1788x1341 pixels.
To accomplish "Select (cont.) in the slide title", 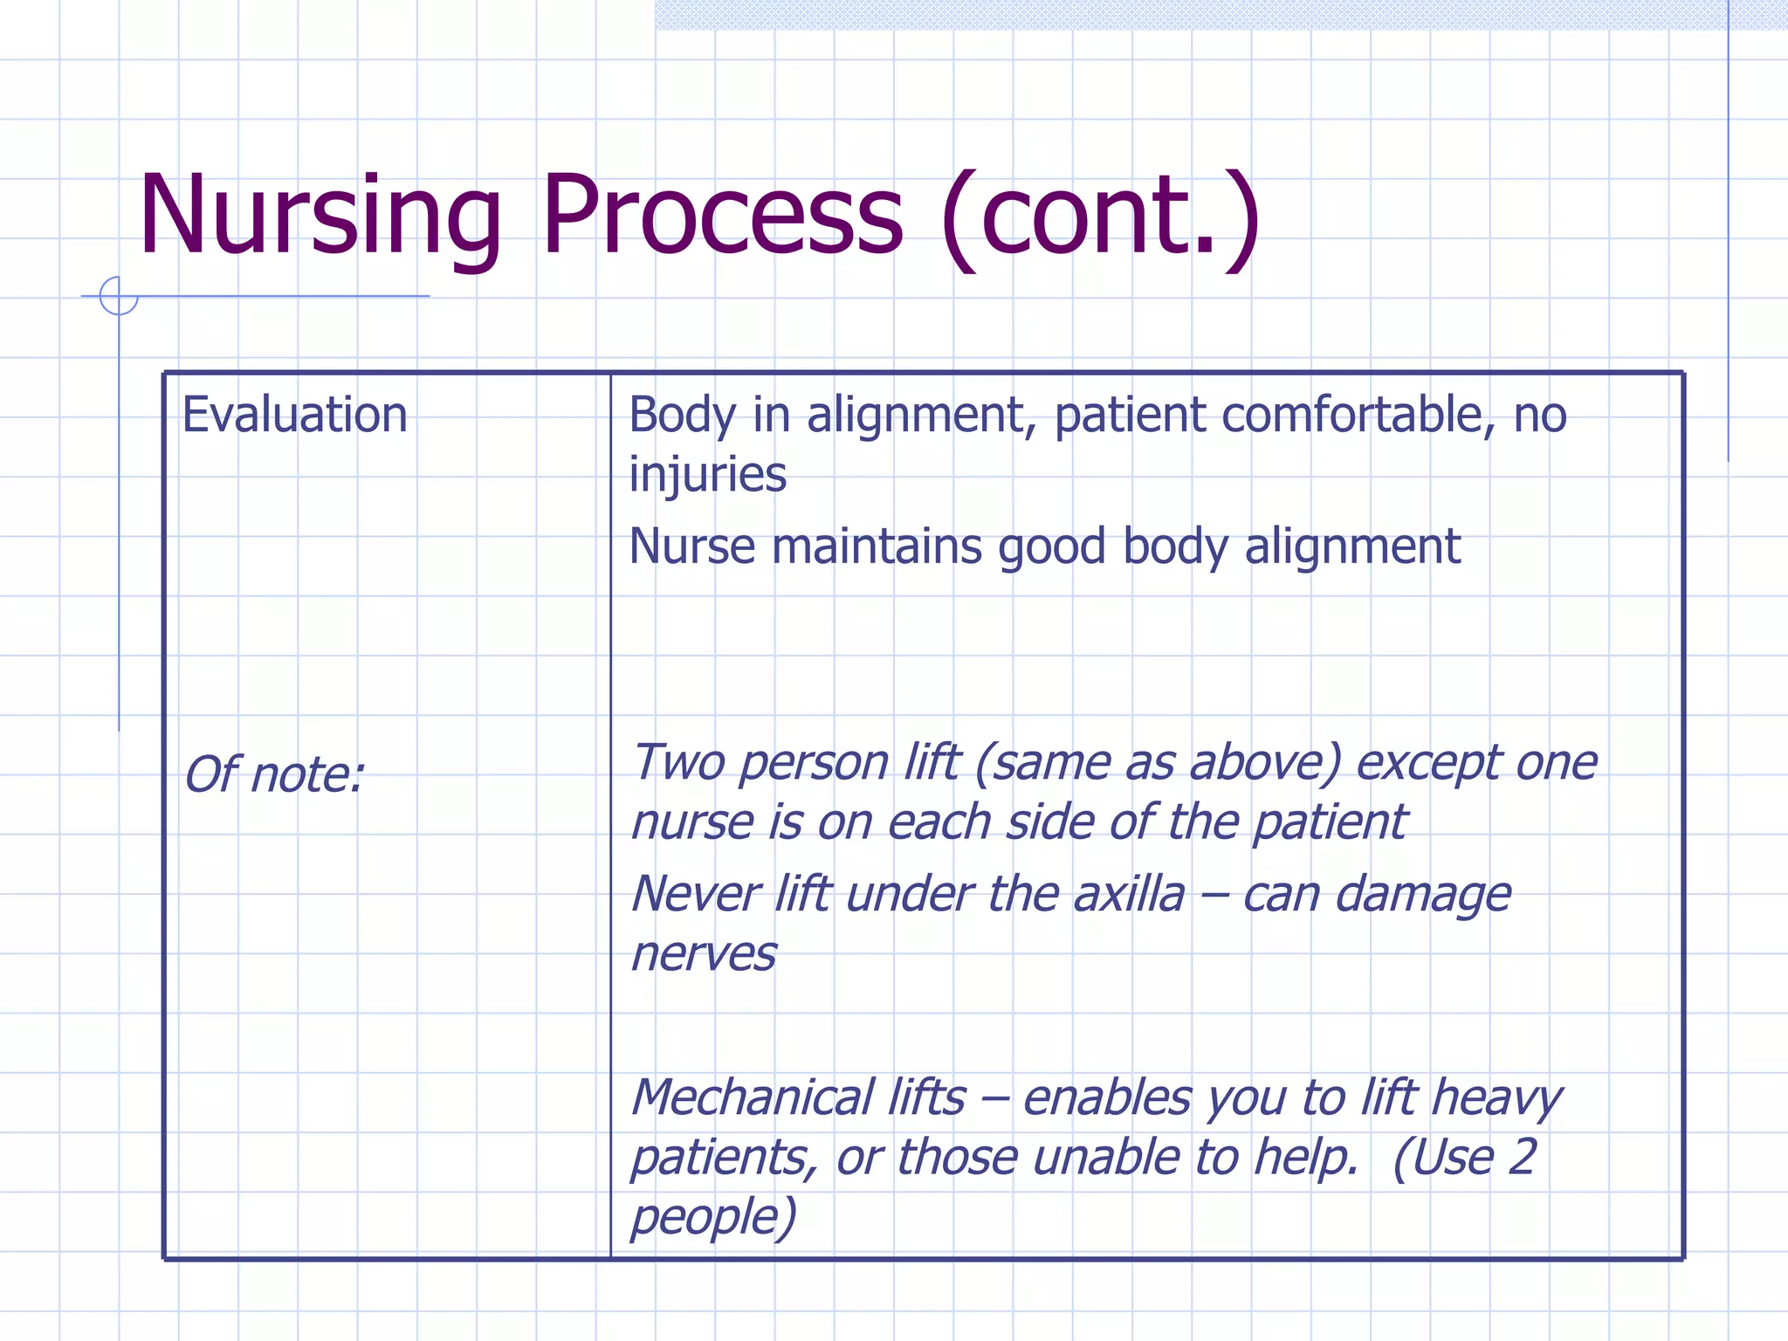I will pyautogui.click(x=1100, y=218).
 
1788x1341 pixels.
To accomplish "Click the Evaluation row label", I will pyautogui.click(x=294, y=415).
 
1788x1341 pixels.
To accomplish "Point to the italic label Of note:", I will pyautogui.click(x=273, y=775).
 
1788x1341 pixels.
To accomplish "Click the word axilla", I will pyautogui.click(x=1129, y=894).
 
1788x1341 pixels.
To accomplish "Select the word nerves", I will pyautogui.click(x=703, y=954).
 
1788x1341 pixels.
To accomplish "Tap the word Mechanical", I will pyautogui.click(x=752, y=1097).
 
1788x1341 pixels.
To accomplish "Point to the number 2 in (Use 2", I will pyautogui.click(x=1521, y=1158).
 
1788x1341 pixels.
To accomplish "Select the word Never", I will pyautogui.click(x=695, y=894).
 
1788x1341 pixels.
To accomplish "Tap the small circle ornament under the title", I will pyautogui.click(x=118, y=296).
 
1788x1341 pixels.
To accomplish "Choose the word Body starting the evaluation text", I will pyautogui.click(x=681, y=415).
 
